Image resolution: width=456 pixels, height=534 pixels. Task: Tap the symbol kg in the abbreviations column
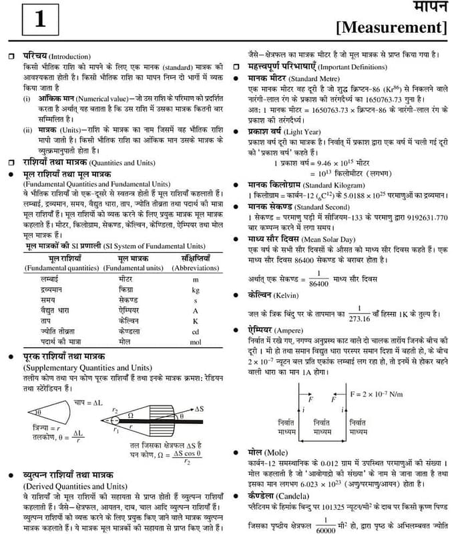(196, 290)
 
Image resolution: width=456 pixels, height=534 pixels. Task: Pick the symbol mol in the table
(196, 341)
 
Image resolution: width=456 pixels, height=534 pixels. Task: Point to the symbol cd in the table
(196, 331)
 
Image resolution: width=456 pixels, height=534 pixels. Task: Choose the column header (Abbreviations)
(196, 268)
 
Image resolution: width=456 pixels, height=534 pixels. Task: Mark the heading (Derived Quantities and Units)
(75, 486)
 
